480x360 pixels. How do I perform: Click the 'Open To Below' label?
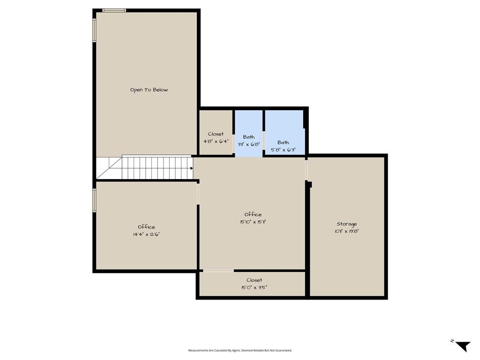[x=149, y=90]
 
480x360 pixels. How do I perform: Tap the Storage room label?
[x=346, y=224]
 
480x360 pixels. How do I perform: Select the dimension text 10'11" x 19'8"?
[x=346, y=231]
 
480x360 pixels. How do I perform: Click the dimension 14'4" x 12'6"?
[x=146, y=234]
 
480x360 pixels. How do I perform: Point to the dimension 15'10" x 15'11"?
[x=253, y=222]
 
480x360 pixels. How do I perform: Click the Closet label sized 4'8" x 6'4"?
[x=216, y=134]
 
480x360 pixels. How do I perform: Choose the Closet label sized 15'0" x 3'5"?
[x=254, y=280]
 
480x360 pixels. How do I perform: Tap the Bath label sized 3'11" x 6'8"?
[x=249, y=137]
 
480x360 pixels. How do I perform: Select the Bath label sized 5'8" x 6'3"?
[x=283, y=142]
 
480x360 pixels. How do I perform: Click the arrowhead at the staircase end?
[x=191, y=168]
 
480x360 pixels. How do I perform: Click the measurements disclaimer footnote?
[x=240, y=350]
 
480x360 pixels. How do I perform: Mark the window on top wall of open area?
[x=114, y=10]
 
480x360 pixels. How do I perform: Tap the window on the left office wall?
[x=94, y=200]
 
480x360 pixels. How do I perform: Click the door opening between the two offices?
[x=198, y=194]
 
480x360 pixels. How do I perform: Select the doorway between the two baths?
[x=263, y=140]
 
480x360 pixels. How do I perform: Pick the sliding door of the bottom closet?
[x=218, y=270]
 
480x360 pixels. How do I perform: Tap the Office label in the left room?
[x=146, y=227]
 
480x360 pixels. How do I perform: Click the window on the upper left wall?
[x=94, y=30]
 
